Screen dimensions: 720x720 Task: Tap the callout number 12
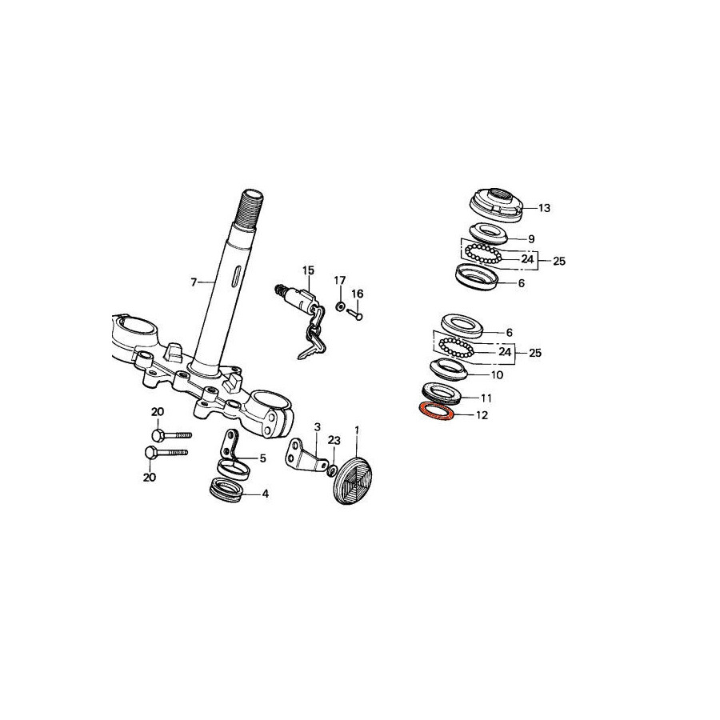point(482,415)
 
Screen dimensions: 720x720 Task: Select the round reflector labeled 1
point(352,480)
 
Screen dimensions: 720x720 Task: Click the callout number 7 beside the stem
point(194,282)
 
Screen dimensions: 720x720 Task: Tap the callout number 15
point(309,270)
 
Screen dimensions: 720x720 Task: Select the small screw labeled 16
point(355,314)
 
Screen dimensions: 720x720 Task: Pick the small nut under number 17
point(339,306)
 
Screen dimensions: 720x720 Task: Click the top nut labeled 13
point(498,206)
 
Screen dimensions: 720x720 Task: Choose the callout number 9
point(531,239)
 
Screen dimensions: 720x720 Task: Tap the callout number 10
point(498,375)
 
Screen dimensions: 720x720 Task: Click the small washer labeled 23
point(333,470)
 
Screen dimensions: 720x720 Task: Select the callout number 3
point(318,428)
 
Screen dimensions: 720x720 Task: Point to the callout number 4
point(265,494)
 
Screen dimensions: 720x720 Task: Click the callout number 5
point(262,458)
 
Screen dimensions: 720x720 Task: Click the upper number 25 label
point(559,262)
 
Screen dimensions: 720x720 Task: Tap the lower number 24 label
point(505,352)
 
